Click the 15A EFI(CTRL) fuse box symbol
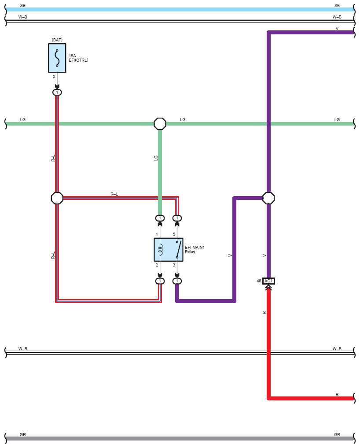(57, 58)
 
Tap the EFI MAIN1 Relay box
(169, 250)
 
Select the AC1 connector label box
(268, 281)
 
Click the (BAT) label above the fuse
(57, 40)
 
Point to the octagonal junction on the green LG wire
(160, 124)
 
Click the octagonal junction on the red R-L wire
(57, 198)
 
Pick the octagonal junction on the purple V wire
(268, 198)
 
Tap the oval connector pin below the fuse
(57, 92)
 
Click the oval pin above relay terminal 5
(177, 218)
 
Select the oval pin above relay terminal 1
(160, 218)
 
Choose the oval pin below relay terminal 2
(160, 281)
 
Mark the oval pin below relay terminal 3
(177, 281)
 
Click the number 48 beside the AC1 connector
(259, 281)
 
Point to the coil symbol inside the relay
(160, 249)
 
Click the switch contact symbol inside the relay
(178, 250)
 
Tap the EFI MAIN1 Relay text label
(195, 249)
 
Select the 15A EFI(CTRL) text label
(78, 58)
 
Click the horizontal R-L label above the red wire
(114, 194)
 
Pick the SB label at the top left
(23, 5)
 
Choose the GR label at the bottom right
(337, 435)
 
